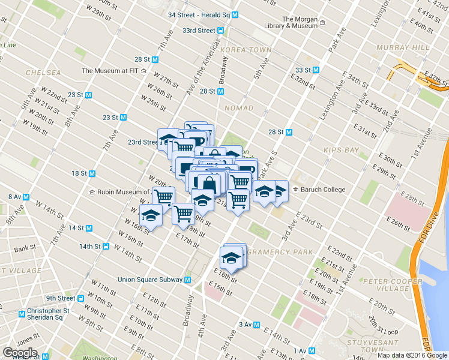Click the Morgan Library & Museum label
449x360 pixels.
[x=291, y=22]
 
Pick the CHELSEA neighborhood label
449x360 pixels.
[x=43, y=73]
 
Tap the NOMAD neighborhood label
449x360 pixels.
[x=238, y=108]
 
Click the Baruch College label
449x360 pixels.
[x=323, y=190]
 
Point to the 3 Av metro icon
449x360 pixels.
[x=257, y=325]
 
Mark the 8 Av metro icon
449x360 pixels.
[x=27, y=197]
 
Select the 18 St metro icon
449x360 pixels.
[x=92, y=173]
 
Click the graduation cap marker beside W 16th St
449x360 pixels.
[x=151, y=217]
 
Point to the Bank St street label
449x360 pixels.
[x=25, y=248]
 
